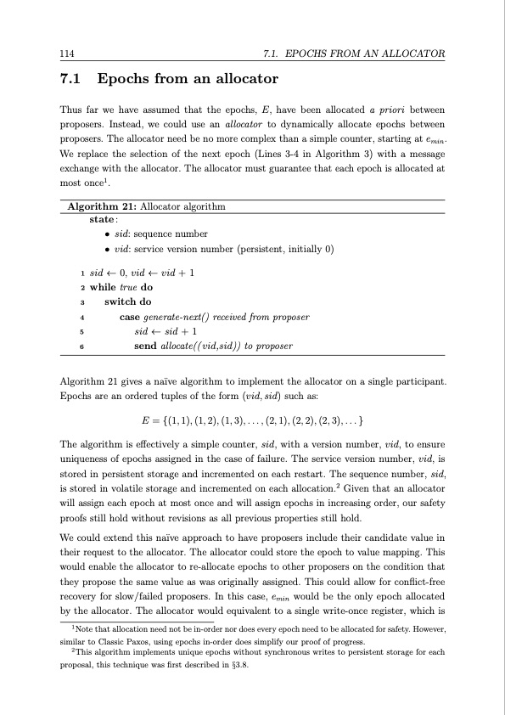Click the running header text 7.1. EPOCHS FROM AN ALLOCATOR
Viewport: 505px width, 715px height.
[x=356, y=54]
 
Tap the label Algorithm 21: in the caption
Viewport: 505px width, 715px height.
[x=102, y=206]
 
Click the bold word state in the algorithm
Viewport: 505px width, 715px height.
[x=101, y=218]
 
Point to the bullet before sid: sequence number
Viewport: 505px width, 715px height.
[x=106, y=234]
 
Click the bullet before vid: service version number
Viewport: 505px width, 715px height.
[x=106, y=250]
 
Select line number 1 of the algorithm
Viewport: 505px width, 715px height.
[x=81, y=273]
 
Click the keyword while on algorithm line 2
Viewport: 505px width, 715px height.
[x=102, y=287]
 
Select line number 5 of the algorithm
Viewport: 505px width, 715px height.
[x=81, y=332]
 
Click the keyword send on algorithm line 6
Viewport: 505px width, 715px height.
[x=144, y=346]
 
